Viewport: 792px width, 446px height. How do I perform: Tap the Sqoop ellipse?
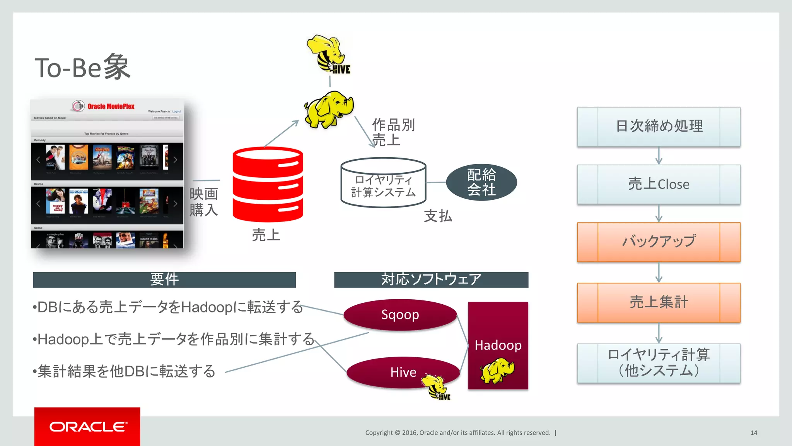pos(400,314)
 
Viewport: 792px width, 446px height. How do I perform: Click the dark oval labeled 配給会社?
pos(481,182)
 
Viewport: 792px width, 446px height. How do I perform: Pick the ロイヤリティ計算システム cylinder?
pos(383,183)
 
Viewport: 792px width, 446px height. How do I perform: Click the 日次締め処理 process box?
pos(659,127)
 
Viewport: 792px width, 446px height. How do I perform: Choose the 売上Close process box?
pos(659,184)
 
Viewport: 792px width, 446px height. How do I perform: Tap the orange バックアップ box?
pos(659,242)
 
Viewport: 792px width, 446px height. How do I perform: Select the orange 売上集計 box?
pos(659,302)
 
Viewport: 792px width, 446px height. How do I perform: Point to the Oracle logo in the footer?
pos(87,427)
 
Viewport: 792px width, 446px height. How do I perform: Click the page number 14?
pos(754,433)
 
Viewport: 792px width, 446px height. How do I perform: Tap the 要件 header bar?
pos(164,280)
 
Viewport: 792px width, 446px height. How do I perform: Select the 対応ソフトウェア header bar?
pos(431,280)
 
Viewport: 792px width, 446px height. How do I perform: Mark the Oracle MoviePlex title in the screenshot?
pos(111,106)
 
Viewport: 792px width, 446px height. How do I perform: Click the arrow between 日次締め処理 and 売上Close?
pos(659,156)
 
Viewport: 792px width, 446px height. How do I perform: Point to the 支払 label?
pos(438,216)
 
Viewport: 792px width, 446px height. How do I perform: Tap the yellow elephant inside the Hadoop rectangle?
pos(497,370)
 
